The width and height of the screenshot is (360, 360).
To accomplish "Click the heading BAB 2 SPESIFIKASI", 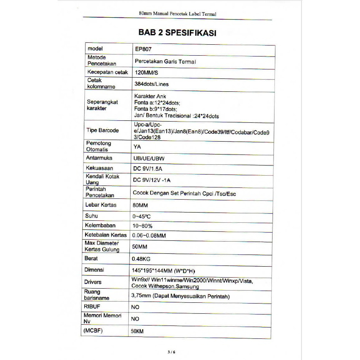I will (178, 33).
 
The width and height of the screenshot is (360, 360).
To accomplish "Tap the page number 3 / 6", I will (171, 351).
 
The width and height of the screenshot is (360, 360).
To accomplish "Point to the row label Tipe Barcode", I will (103, 130).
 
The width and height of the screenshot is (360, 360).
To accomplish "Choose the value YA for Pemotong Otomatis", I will (137, 147).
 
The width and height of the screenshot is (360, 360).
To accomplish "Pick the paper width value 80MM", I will (141, 205).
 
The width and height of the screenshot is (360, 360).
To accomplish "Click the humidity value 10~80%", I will (142, 226).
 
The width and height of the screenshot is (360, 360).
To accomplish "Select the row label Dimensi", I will (94, 270).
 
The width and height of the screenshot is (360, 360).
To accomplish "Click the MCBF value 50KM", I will (138, 331).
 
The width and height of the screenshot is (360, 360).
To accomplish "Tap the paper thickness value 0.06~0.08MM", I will (149, 236).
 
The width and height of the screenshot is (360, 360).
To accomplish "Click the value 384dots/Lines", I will (151, 84).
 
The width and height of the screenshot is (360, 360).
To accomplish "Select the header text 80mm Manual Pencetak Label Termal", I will (178, 14).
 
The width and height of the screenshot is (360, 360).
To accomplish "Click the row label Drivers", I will (93, 282).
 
